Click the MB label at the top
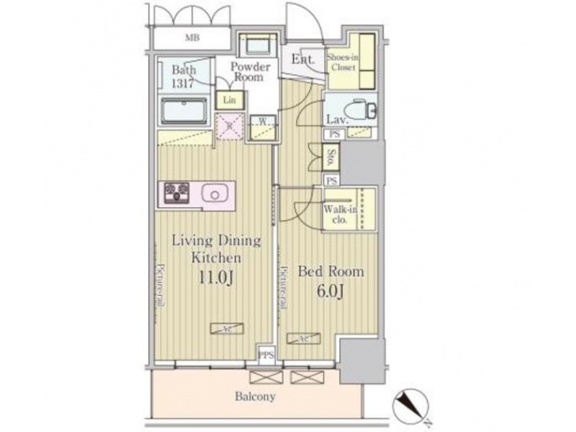click(193, 38)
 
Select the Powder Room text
click(250, 72)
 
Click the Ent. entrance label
click(302, 60)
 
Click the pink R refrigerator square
click(230, 126)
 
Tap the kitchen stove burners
click(177, 192)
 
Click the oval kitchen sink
click(214, 193)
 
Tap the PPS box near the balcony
click(266, 353)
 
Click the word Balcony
click(255, 396)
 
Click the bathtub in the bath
click(183, 110)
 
